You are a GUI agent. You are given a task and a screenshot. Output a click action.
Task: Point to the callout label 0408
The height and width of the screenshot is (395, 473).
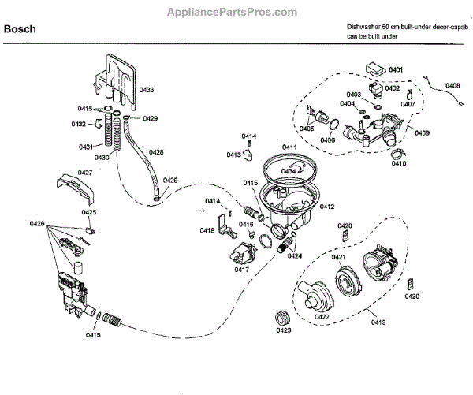(453, 85)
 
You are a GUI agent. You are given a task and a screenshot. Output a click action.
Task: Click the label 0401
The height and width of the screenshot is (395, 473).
(397, 71)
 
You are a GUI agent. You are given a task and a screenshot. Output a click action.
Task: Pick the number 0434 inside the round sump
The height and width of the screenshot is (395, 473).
(289, 171)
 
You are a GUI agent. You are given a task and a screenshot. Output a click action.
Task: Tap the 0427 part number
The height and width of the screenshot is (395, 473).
(84, 172)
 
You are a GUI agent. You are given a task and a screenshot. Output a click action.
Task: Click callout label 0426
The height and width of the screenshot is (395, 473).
(37, 225)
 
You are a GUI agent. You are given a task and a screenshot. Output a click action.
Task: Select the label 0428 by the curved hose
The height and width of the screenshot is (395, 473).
(156, 152)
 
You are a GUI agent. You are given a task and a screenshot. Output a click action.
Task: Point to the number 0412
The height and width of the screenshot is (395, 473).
(326, 207)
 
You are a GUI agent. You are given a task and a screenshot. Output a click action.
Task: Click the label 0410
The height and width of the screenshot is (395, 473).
(399, 164)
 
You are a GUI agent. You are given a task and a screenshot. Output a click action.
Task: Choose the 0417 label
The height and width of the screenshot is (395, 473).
(242, 270)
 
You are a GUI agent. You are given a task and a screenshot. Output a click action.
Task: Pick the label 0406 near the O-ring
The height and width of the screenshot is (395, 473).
(327, 140)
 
